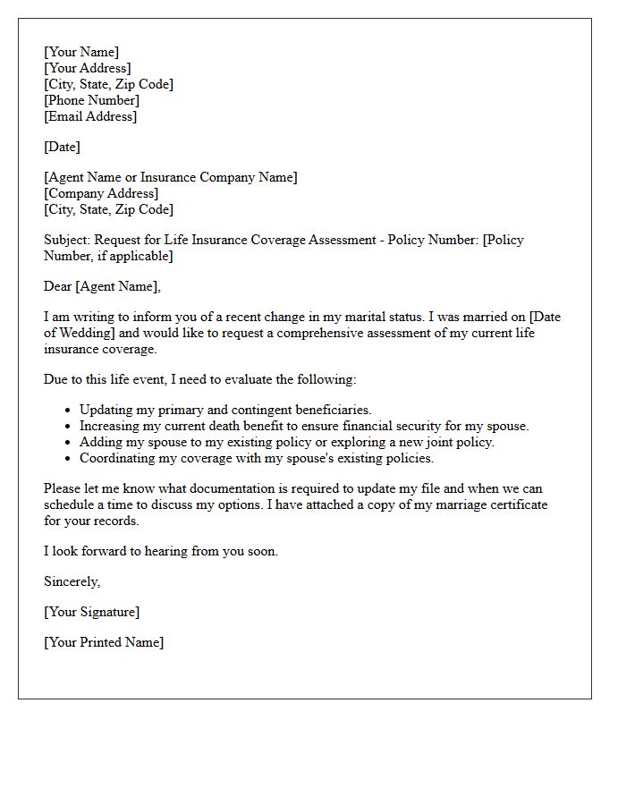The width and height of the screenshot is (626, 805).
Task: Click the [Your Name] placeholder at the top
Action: click(81, 52)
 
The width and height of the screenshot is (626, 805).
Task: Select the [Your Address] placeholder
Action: click(88, 68)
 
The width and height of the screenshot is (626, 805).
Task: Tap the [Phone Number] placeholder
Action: click(91, 100)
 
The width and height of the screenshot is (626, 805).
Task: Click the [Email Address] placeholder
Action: click(90, 116)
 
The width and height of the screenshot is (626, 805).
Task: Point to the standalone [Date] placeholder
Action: click(62, 147)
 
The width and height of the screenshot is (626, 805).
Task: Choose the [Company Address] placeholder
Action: click(101, 193)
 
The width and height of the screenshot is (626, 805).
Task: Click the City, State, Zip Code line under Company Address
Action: click(108, 209)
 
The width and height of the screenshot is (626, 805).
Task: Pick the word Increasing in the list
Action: click(110, 426)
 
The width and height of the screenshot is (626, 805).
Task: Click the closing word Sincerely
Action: click(72, 581)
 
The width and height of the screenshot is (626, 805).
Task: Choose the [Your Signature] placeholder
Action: click(91, 612)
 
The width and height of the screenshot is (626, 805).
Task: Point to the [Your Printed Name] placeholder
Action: click(104, 642)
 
